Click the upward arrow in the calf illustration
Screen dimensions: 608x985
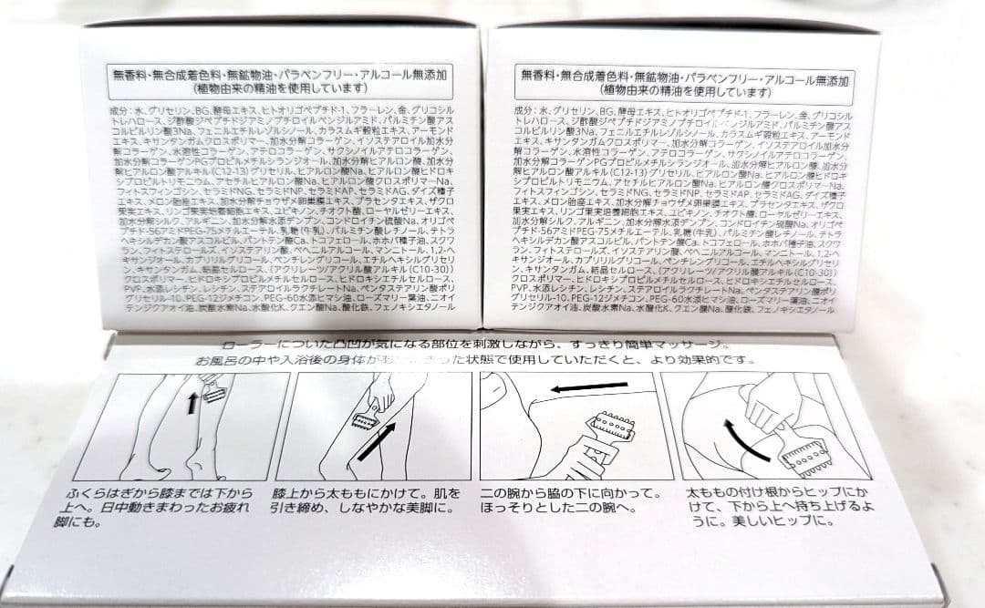[193, 402]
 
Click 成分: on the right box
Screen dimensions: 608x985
[524, 110]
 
